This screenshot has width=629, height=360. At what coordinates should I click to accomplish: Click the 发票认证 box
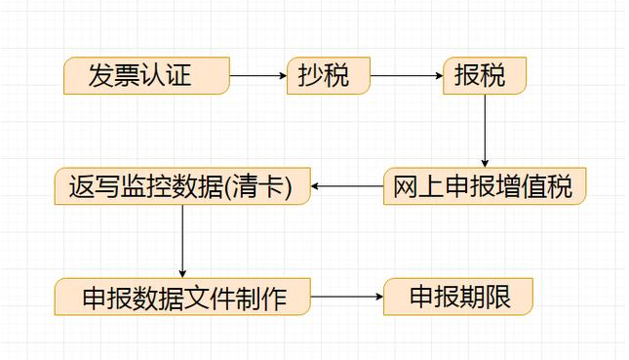[146, 75]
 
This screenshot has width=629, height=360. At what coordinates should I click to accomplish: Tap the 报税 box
[485, 75]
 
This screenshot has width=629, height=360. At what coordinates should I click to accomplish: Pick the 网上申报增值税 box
[484, 185]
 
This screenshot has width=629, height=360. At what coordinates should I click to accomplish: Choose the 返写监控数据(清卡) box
[182, 185]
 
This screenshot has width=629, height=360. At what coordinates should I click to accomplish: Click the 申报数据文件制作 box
[182, 297]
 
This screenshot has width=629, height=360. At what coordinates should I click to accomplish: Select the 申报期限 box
[458, 297]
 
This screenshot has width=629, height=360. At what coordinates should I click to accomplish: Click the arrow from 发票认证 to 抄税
[257, 75]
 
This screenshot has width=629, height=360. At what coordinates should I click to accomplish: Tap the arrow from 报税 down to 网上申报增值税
[485, 131]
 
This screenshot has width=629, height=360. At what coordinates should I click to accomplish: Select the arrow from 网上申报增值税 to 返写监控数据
[346, 185]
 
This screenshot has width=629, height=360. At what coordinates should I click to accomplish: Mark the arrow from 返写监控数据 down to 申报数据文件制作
[182, 241]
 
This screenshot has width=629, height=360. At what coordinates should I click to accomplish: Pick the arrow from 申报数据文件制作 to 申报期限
[346, 297]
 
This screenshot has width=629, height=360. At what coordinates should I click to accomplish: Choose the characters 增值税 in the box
[536, 185]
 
